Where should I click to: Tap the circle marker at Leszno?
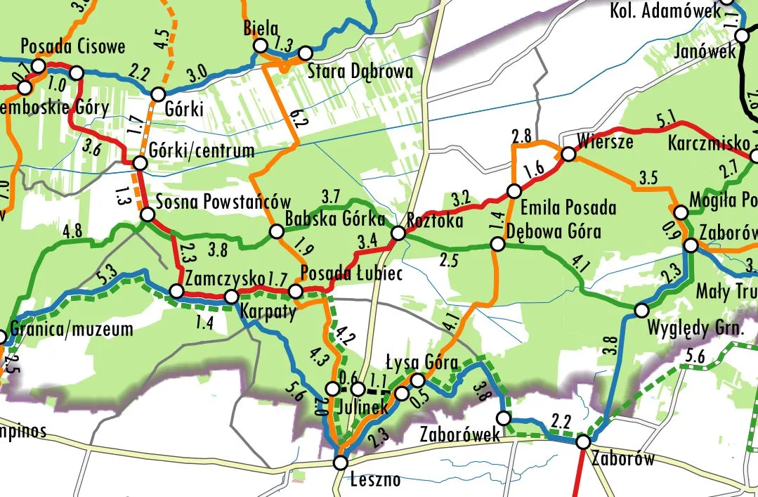coord(341,463)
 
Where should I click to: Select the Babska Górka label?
coord(328,218)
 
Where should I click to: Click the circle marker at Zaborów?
coord(583,442)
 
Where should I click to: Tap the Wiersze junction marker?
coord(568,155)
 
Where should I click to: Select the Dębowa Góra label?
coord(554,231)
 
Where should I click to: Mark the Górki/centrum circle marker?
coord(140,163)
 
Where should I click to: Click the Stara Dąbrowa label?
coord(360,72)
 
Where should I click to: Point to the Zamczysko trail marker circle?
coord(177,291)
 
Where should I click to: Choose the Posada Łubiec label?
coord(351,273)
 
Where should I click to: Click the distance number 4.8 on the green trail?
coord(73,231)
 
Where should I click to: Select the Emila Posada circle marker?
coord(514,191)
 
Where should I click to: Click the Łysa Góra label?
coord(422,363)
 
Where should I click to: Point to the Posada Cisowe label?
coord(73,46)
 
